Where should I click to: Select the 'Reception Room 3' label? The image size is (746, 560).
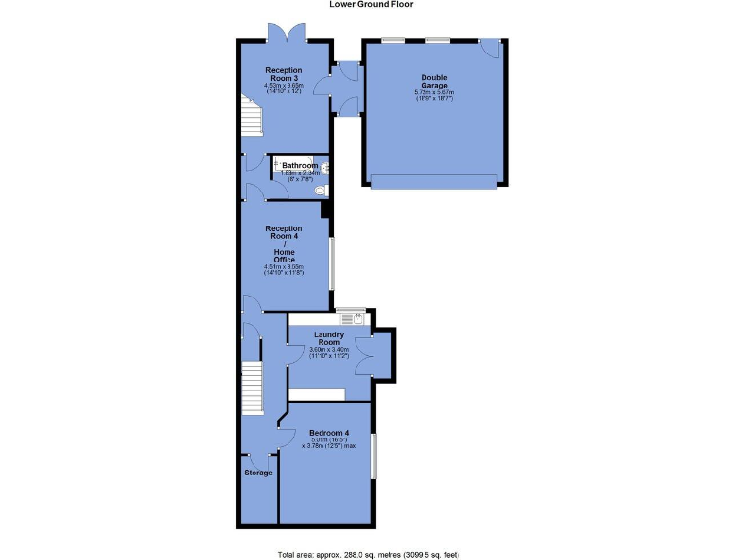(285, 75)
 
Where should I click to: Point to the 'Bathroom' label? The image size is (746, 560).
(300, 166)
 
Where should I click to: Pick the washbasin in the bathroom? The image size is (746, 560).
(326, 168)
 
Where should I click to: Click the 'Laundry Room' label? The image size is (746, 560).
(328, 338)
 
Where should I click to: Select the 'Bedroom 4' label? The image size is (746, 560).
(329, 433)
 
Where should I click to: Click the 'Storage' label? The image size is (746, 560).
(257, 472)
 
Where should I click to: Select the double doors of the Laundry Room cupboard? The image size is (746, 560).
(365, 353)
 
